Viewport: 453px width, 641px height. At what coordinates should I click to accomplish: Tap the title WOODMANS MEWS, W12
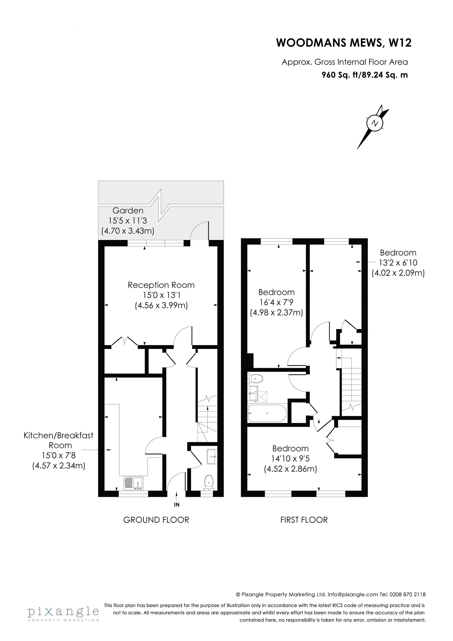[344, 43]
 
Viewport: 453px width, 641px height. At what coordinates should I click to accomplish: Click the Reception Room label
[161, 285]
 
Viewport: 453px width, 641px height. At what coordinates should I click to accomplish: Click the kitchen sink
[133, 483]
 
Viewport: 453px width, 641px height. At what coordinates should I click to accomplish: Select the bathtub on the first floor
[267, 414]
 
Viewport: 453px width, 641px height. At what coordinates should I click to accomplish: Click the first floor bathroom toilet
[255, 379]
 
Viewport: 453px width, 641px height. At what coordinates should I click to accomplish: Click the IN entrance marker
[176, 505]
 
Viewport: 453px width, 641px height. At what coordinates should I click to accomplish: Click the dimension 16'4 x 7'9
[276, 302]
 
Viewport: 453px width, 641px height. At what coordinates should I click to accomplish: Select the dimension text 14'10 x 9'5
[291, 458]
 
